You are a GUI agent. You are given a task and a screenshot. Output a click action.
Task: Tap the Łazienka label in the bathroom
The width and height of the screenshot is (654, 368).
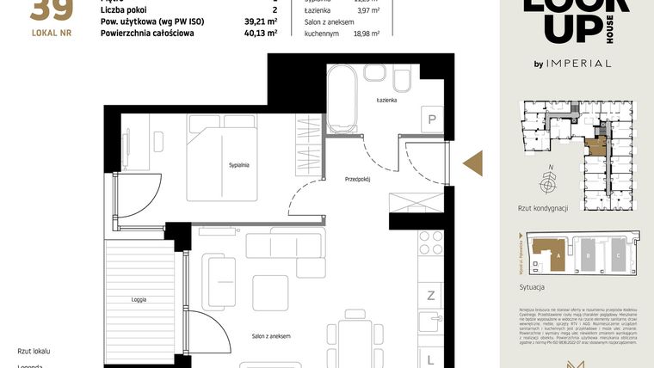pos(386,101)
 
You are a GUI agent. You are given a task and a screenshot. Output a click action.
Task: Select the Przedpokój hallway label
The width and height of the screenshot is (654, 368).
pos(357,181)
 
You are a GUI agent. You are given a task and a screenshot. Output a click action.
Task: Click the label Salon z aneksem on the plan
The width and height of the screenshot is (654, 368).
pos(270,336)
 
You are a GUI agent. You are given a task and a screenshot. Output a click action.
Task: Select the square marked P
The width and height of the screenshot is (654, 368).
pos(430,120)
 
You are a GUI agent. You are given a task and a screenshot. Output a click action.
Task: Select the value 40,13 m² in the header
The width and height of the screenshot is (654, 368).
pos(260,34)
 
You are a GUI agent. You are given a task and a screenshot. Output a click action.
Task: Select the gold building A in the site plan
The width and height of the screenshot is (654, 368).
pos(546,252)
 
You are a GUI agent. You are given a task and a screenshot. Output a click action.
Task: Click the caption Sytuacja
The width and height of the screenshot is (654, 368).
pos(534,286)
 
